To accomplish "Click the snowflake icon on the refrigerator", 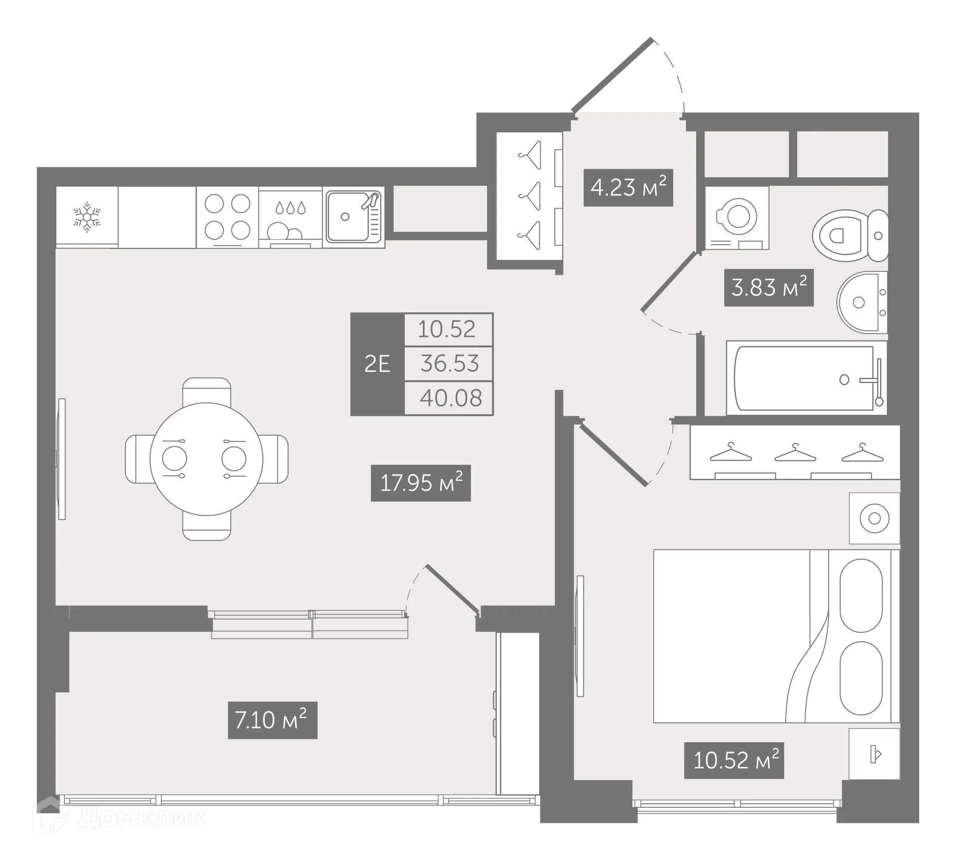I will pyautogui.click(x=87, y=217).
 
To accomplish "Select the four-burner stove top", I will pyautogui.click(x=228, y=217).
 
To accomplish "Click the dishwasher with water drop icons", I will pyautogui.click(x=290, y=217).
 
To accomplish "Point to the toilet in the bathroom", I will pyautogui.click(x=849, y=235).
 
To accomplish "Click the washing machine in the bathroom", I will pyautogui.click(x=737, y=218).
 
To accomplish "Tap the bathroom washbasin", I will pyautogui.click(x=860, y=302).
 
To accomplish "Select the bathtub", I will pyautogui.click(x=806, y=378).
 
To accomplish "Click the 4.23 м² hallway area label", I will pyautogui.click(x=628, y=188).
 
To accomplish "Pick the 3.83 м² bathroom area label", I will pyautogui.click(x=768, y=288).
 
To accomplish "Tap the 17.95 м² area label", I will pyautogui.click(x=421, y=483).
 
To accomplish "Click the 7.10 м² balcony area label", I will pyautogui.click(x=272, y=720).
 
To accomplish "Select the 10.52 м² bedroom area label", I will pyautogui.click(x=734, y=760).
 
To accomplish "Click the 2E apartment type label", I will pyautogui.click(x=377, y=364).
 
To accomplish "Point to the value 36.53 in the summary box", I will pyautogui.click(x=449, y=364).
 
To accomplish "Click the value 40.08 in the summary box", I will pyautogui.click(x=451, y=398).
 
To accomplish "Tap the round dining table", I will pyautogui.click(x=206, y=459).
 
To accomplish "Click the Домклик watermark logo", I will pyautogui.click(x=119, y=818).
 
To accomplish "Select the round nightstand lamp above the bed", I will pyautogui.click(x=874, y=519).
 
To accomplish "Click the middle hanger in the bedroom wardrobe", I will pyautogui.click(x=795, y=452).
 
